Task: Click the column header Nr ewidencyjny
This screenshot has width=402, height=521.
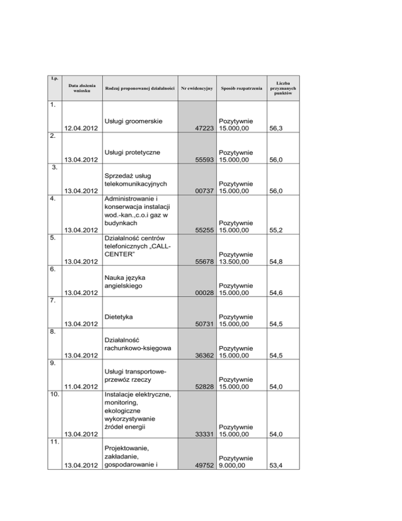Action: click(x=197, y=88)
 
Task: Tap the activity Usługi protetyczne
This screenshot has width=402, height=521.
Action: click(x=132, y=153)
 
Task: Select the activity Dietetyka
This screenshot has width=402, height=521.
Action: click(x=120, y=317)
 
